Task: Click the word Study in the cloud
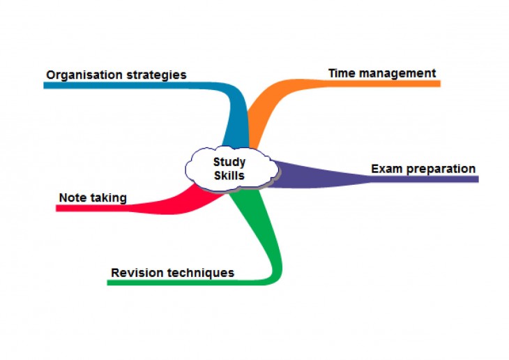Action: click(229, 163)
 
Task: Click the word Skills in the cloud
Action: click(229, 175)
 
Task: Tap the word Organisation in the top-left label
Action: click(84, 75)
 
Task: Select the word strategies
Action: click(156, 75)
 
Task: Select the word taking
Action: click(108, 198)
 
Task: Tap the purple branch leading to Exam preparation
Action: click(373, 179)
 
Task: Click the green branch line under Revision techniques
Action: click(195, 283)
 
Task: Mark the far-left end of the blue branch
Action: click(44, 85)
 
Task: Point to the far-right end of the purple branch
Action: click(478, 179)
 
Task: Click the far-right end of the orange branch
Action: click(440, 84)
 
